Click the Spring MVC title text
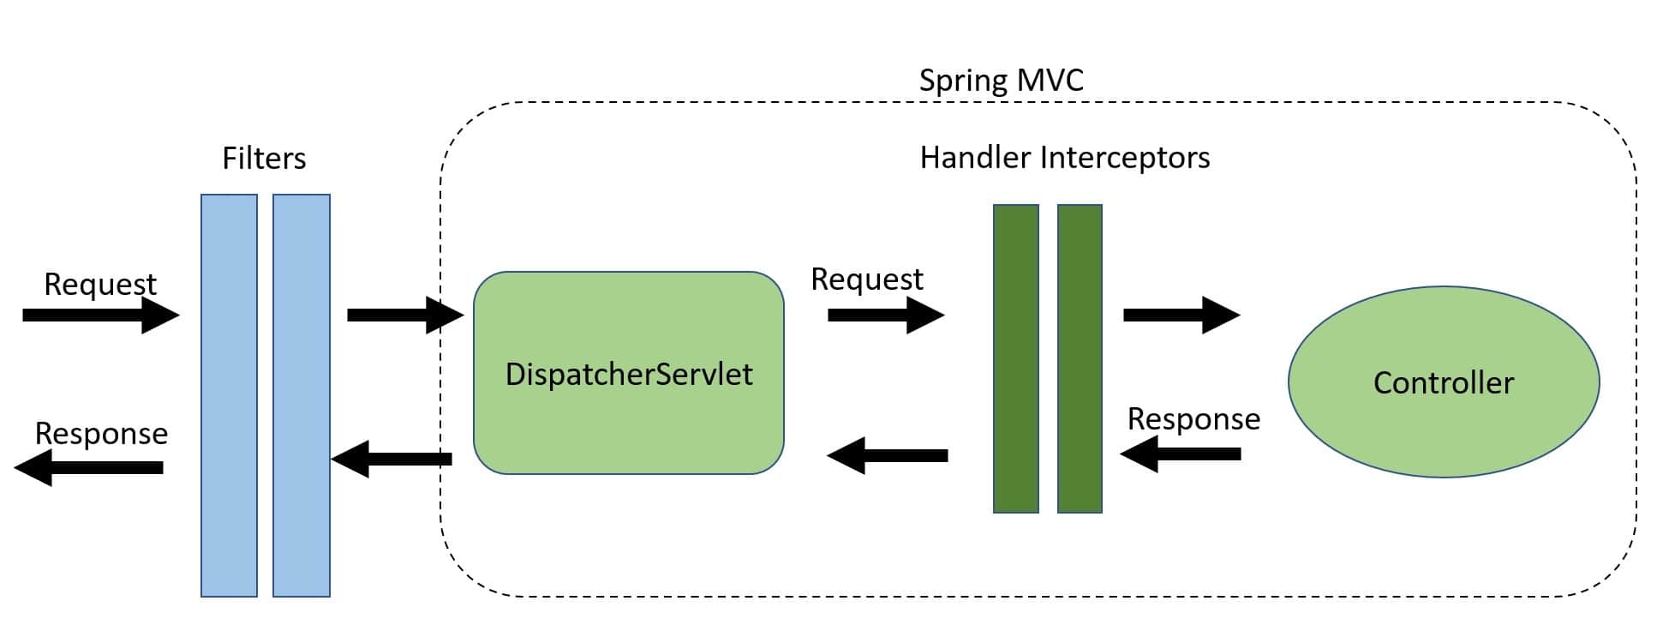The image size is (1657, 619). click(x=1001, y=81)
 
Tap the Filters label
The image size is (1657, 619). click(x=264, y=159)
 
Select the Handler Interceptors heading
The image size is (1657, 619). click(x=1064, y=158)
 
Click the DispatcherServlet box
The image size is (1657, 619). click(x=628, y=374)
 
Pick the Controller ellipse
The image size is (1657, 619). click(x=1443, y=382)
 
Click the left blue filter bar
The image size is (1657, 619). click(x=229, y=394)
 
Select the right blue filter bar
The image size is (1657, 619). click(x=302, y=394)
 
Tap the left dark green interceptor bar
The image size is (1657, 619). click(x=1015, y=358)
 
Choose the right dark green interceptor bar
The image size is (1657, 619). click(x=1080, y=358)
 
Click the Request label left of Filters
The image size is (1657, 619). click(x=100, y=284)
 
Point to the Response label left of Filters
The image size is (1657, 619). click(x=101, y=434)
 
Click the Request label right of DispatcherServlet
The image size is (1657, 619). click(x=867, y=279)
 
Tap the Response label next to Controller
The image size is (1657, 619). click(x=1193, y=419)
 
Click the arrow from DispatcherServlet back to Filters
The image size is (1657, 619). click(x=392, y=459)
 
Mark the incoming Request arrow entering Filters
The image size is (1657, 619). click(x=100, y=315)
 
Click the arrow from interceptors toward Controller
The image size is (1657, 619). click(x=1181, y=315)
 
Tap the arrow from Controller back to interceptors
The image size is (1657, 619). click(x=1181, y=454)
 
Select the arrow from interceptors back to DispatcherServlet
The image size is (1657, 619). click(x=888, y=455)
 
